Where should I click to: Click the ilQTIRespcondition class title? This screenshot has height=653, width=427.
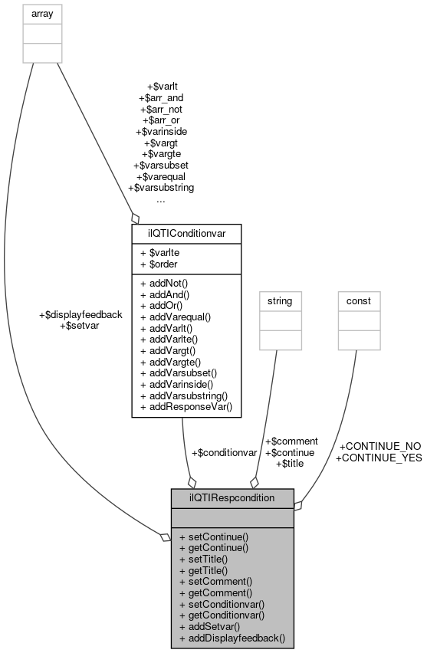[x=232, y=497]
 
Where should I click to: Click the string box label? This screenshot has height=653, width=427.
[x=279, y=301]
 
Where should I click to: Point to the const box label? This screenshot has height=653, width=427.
[x=359, y=301]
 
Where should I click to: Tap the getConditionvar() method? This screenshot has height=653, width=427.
[x=222, y=615]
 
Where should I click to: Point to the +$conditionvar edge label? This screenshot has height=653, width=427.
[x=223, y=453]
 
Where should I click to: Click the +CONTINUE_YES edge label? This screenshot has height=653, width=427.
[x=379, y=458]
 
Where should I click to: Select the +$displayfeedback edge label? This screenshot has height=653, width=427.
[x=80, y=314]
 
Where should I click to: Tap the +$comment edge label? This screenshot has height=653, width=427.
[x=291, y=441]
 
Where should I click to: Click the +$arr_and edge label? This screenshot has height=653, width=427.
[x=160, y=98]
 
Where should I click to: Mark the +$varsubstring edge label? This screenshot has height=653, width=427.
[x=160, y=187]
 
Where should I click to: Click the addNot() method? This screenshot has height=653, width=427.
[x=167, y=284]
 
